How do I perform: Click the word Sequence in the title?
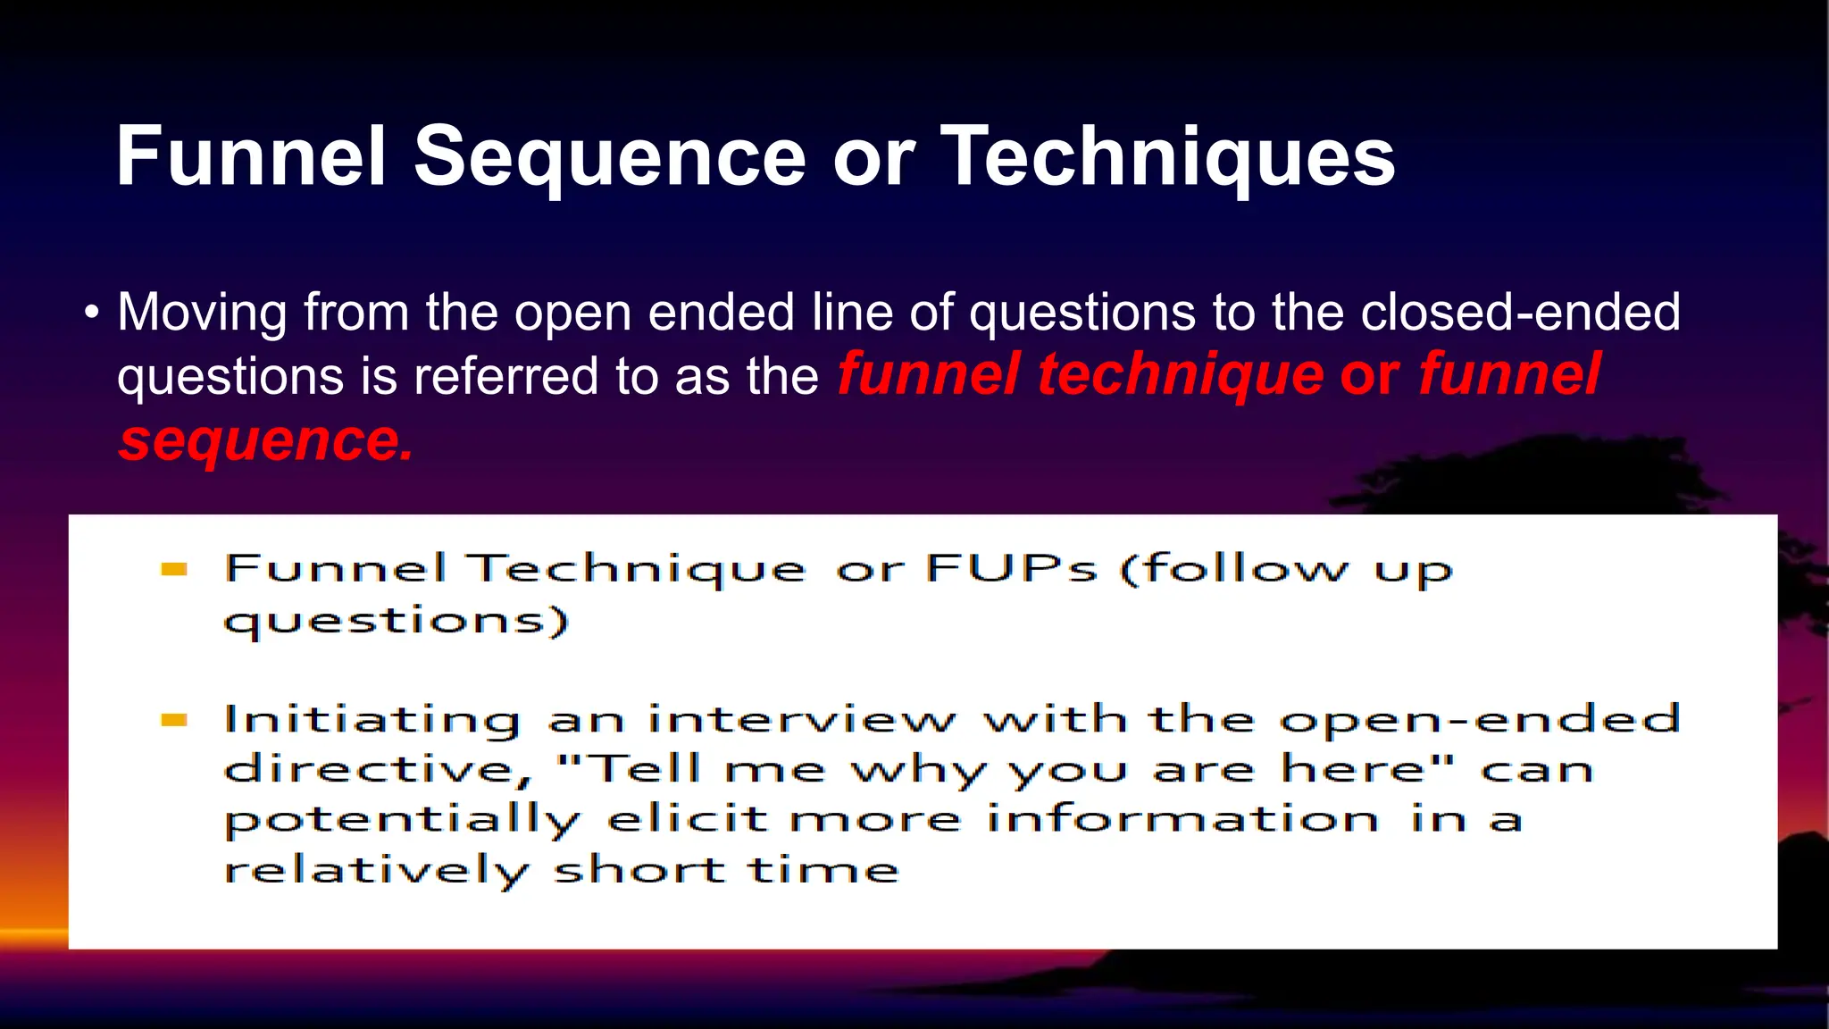(x=610, y=157)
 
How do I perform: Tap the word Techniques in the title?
(x=1168, y=157)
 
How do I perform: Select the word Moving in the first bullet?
(x=203, y=313)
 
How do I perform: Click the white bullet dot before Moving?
(x=91, y=314)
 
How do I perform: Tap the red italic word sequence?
(x=265, y=440)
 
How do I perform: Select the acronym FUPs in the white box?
(x=1011, y=568)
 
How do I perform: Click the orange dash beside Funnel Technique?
(x=174, y=569)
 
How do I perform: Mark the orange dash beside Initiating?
(x=174, y=720)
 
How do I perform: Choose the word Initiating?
(x=372, y=720)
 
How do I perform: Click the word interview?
(x=801, y=719)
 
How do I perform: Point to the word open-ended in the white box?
(x=1480, y=719)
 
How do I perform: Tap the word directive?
(x=378, y=769)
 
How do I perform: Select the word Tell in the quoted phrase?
(x=647, y=768)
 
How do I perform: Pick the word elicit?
(x=687, y=819)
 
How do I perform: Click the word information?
(x=1182, y=819)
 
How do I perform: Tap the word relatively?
(x=376, y=870)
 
